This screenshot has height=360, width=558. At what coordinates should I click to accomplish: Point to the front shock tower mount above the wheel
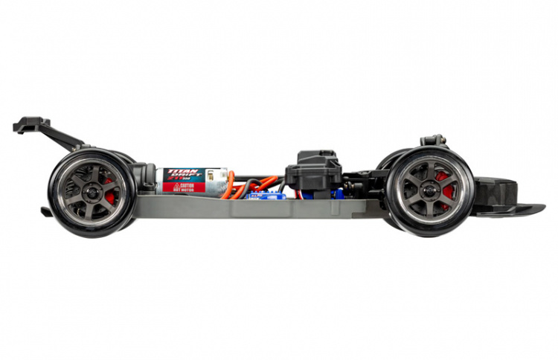point(432,140)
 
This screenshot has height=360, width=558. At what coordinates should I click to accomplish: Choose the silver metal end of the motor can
point(217,181)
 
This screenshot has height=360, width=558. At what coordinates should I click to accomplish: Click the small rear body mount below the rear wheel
point(46,212)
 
